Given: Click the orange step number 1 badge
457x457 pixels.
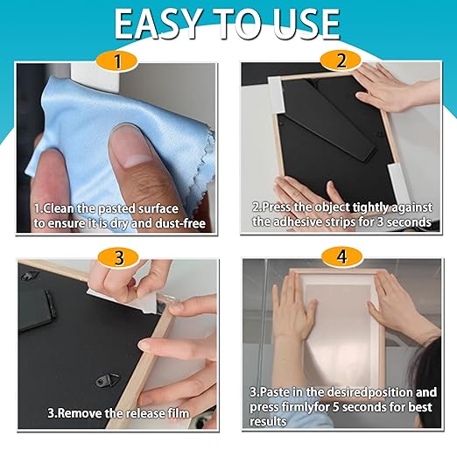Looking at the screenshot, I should coord(123,62).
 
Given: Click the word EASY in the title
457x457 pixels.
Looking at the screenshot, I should coord(158,24).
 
